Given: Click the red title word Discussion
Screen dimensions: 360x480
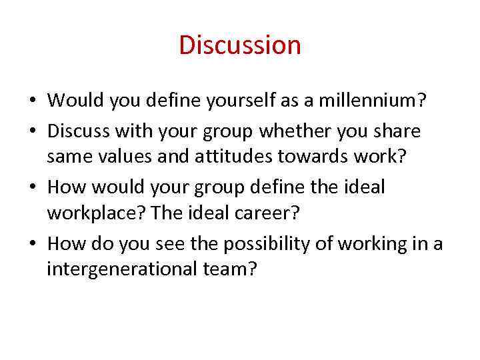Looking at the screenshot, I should (240, 45).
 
